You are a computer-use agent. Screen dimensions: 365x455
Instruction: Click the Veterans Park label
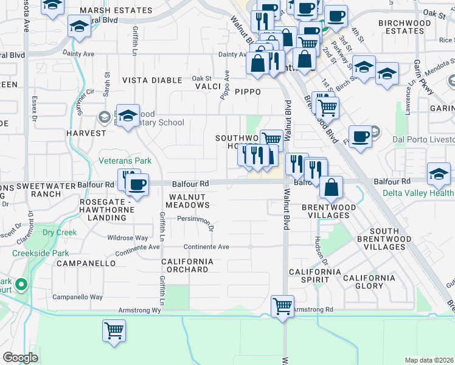click(x=125, y=161)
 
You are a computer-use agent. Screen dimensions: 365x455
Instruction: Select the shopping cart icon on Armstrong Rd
click(x=283, y=307)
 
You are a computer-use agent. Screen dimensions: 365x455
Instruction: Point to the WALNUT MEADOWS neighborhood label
click(x=189, y=201)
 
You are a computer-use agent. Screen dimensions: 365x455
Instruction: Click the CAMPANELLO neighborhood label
click(x=85, y=263)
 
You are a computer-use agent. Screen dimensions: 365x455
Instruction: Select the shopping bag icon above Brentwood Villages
click(x=332, y=189)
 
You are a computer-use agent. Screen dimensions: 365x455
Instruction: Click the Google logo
click(x=20, y=358)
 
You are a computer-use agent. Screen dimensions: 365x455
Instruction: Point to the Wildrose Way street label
click(x=128, y=238)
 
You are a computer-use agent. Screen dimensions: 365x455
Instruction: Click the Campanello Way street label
click(x=77, y=297)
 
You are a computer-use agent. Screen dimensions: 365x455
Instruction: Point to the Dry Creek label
click(x=60, y=232)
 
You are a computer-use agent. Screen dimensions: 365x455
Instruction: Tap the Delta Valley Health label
click(x=419, y=193)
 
